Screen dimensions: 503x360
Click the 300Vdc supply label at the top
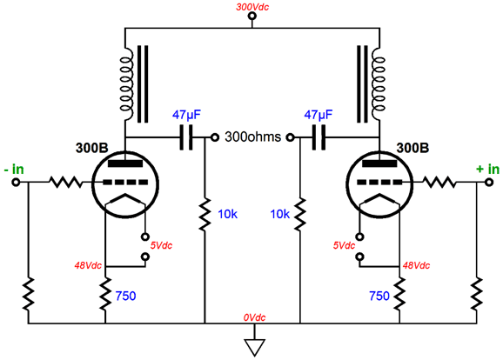tap(252, 7)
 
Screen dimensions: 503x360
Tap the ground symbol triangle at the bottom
tap(255, 348)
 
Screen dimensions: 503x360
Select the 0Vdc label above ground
tap(254, 317)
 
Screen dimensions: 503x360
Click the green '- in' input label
tap(14, 169)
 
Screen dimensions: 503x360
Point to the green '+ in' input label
tap(487, 169)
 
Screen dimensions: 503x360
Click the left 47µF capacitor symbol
tap(185, 137)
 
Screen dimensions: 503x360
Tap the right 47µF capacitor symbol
tap(319, 137)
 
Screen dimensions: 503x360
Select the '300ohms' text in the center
tap(252, 137)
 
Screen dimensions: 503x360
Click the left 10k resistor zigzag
tap(205, 214)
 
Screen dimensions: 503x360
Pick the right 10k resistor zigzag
tap(299, 214)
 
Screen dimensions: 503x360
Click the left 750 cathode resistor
tap(105, 294)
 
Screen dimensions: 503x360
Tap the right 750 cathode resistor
tap(399, 294)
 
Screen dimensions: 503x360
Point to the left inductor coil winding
tap(126, 84)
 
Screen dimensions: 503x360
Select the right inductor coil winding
tap(379, 84)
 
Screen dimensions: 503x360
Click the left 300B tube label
tap(92, 148)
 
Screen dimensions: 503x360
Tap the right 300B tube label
tap(412, 148)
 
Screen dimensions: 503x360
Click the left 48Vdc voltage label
tap(88, 265)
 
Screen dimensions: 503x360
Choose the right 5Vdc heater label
tap(344, 245)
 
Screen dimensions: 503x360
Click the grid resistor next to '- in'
tap(65, 182)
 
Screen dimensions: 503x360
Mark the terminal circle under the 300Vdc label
tap(252, 16)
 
